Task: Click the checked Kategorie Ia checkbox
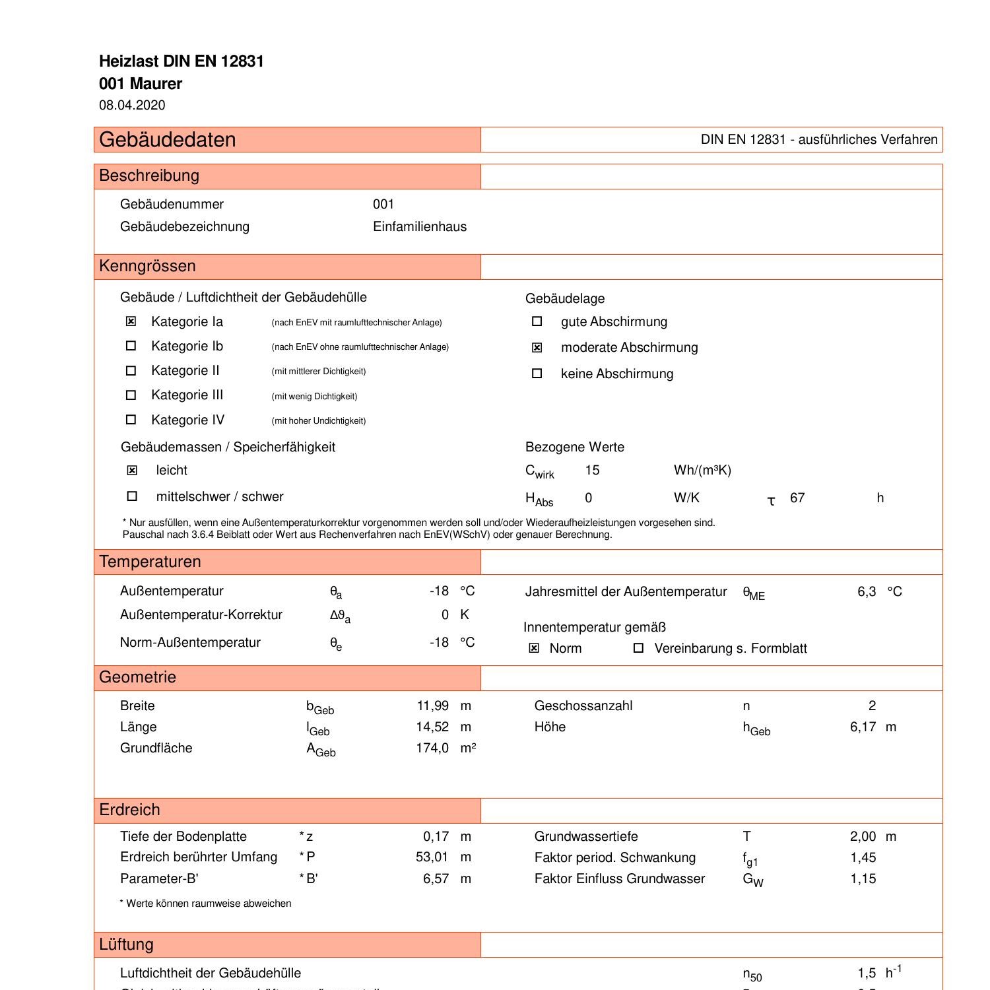coord(131,321)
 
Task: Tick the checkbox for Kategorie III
coord(131,395)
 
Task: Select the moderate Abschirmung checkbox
coord(537,347)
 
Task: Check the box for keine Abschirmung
coord(537,374)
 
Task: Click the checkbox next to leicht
coord(132,470)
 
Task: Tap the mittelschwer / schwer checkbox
coord(132,496)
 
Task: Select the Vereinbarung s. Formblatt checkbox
coord(638,648)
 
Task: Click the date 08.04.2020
coord(132,105)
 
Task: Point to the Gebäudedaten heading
coord(168,140)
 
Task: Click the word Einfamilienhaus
coord(420,226)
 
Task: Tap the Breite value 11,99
coord(433,706)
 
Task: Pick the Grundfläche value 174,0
coord(432,748)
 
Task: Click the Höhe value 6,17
coord(863,727)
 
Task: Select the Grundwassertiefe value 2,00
coord(863,836)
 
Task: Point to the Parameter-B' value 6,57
coord(436,878)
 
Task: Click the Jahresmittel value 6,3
coord(867,591)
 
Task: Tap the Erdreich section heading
coord(129,810)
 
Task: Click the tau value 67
coord(797,498)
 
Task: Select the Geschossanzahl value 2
coord(872,706)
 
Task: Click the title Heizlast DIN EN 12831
coord(181,61)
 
